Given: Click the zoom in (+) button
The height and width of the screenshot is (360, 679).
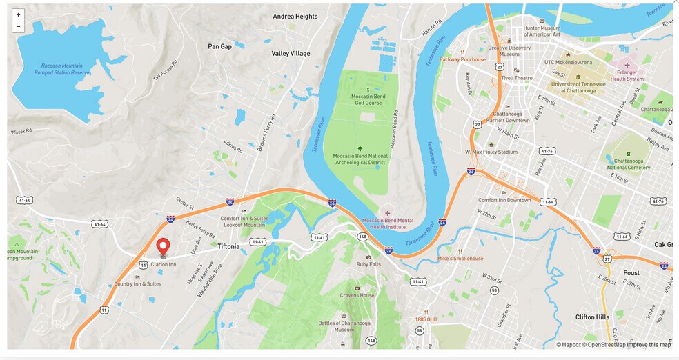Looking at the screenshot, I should tap(18, 14).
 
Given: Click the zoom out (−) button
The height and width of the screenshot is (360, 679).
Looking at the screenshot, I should tap(18, 26).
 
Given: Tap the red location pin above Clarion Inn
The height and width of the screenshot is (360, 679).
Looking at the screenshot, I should tap(164, 247).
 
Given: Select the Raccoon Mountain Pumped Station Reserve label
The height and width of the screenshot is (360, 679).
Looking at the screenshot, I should tap(62, 69).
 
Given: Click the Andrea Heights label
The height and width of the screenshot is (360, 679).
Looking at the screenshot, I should tap(295, 16).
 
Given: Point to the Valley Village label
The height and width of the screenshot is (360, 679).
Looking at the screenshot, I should tap(291, 54).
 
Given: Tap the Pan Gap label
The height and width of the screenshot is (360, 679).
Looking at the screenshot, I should tap(220, 46).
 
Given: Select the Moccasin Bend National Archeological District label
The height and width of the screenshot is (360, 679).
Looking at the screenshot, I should tap(360, 159).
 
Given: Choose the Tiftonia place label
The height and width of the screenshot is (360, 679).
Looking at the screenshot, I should tap(228, 246).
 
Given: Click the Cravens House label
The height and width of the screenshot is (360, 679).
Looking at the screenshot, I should tap(357, 295).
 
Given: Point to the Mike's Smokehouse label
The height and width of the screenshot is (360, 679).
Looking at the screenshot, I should tap(460, 259).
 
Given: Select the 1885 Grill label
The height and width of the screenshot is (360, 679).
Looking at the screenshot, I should tap(426, 319).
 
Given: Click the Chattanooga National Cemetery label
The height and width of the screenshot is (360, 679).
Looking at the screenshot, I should tap(628, 163).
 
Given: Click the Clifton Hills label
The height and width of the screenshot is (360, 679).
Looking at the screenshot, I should tap(592, 317).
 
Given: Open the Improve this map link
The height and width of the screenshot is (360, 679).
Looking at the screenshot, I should tap(649, 345).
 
